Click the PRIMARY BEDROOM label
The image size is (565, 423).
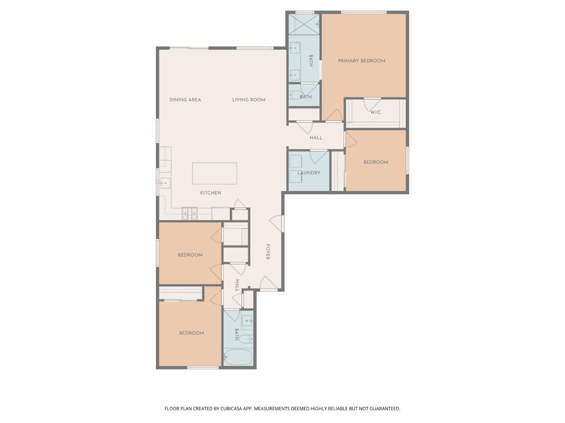(361, 61)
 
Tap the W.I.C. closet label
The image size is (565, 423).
(376, 112)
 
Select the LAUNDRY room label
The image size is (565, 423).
(308, 173)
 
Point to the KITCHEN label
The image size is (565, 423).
(211, 193)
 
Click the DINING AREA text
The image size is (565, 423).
(185, 100)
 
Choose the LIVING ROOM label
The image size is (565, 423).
(249, 100)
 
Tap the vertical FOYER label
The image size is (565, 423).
(268, 252)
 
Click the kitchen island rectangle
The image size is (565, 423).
(214, 173)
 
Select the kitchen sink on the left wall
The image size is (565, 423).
(165, 183)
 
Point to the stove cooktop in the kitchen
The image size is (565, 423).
(190, 213)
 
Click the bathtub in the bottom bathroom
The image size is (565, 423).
(238, 357)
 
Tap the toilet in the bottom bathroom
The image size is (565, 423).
(246, 339)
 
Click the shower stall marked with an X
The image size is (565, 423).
(304, 24)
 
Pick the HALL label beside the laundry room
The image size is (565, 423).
(316, 138)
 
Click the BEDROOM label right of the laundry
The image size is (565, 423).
(376, 162)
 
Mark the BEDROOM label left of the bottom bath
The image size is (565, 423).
(191, 333)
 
